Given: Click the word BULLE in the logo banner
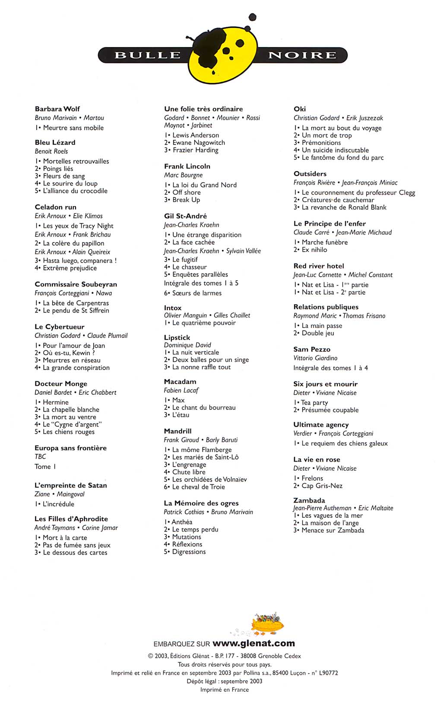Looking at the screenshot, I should [x=148, y=55].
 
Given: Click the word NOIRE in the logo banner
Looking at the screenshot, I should [x=302, y=55].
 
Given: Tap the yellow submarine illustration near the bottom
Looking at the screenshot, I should [x=266, y=624].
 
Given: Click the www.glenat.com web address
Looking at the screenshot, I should [x=254, y=643].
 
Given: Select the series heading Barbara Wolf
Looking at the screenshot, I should [x=57, y=109].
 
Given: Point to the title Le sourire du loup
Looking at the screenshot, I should [x=70, y=183].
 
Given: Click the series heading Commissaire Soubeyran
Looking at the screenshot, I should [x=76, y=284].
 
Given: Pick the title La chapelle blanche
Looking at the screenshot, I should [x=71, y=409].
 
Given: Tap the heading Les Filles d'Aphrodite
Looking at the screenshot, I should [x=71, y=519].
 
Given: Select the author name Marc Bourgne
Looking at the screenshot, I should [x=183, y=175].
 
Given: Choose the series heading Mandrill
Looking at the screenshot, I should [x=177, y=431].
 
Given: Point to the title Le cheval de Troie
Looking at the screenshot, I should [x=198, y=487].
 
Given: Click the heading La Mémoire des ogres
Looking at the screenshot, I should [x=201, y=503].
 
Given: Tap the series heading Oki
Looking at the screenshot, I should [x=300, y=109].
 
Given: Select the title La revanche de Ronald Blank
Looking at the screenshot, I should [x=344, y=207].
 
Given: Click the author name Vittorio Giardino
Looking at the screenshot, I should [x=315, y=358].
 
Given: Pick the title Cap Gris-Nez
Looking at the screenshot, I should [x=322, y=485].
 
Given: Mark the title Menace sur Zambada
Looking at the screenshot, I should [x=332, y=530].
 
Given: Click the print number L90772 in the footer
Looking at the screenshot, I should [x=328, y=673].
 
